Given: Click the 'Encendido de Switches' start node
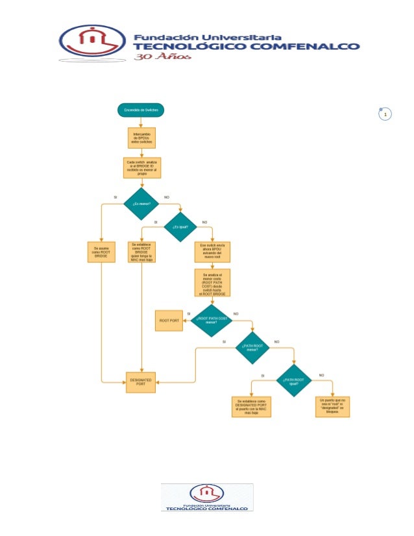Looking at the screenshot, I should click(141, 111).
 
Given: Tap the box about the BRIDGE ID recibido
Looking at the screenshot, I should click(141, 167).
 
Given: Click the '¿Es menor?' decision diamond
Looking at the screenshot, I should click(141, 204).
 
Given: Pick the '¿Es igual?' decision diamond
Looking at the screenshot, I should click(180, 227).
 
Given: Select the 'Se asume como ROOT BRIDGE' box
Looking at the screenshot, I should click(101, 252).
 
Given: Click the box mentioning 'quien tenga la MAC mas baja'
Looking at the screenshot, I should click(141, 253).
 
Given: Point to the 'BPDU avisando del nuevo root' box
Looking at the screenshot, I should click(212, 253).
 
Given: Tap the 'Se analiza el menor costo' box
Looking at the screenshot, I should click(212, 284).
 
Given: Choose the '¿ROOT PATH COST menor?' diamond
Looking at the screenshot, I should click(211, 320).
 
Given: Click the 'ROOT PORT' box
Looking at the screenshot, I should click(169, 320).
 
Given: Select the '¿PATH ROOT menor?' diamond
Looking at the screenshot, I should click(252, 348).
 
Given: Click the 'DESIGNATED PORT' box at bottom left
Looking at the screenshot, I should click(141, 382).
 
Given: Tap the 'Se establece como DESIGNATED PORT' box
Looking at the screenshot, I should click(252, 406).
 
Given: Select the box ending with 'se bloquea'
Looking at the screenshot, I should click(333, 406).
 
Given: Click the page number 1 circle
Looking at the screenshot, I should click(386, 116).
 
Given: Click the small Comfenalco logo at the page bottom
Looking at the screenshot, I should click(207, 497).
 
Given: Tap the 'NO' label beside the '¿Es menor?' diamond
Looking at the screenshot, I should click(167, 197).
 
